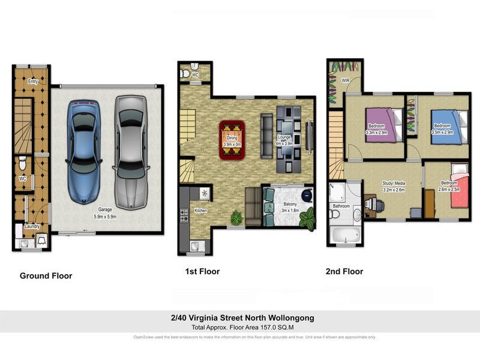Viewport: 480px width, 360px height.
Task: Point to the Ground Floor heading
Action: pos(46,276)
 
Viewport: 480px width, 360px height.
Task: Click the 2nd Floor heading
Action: pos(344,271)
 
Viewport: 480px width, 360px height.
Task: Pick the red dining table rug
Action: pos(232,140)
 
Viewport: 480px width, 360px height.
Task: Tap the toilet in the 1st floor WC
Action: pos(186,73)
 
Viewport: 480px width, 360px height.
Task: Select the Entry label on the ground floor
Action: pos(33,82)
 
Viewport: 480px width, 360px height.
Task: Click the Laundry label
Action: pos(32,226)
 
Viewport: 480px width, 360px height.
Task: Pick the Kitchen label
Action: pos(200,211)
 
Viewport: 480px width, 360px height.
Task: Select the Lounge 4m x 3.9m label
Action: pos(284,141)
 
